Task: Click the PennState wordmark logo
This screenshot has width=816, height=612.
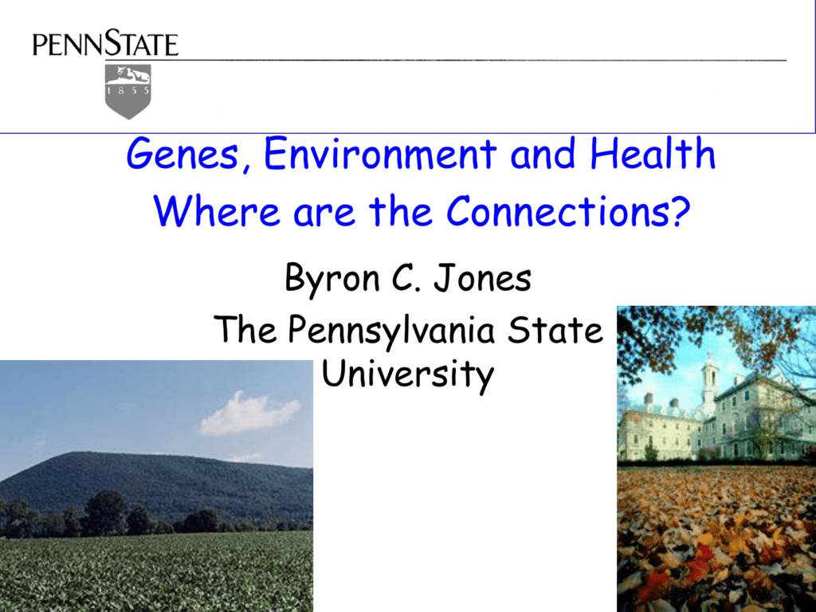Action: (x=105, y=44)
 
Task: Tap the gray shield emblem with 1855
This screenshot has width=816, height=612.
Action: (x=128, y=92)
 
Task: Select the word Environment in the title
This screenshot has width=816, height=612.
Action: (x=380, y=153)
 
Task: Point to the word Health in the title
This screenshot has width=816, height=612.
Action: (x=653, y=153)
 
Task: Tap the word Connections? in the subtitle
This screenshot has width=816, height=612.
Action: (x=568, y=210)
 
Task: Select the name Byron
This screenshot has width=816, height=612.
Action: (x=332, y=279)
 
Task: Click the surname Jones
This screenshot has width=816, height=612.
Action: (x=482, y=278)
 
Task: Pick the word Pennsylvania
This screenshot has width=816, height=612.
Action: (x=390, y=331)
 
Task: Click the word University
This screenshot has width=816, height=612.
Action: (x=407, y=375)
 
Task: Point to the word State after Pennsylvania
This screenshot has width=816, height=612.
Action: (x=555, y=329)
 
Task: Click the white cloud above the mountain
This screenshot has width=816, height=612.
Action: (x=250, y=414)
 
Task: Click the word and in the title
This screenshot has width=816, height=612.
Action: (x=543, y=154)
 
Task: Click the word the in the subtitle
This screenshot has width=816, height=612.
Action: (x=401, y=210)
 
